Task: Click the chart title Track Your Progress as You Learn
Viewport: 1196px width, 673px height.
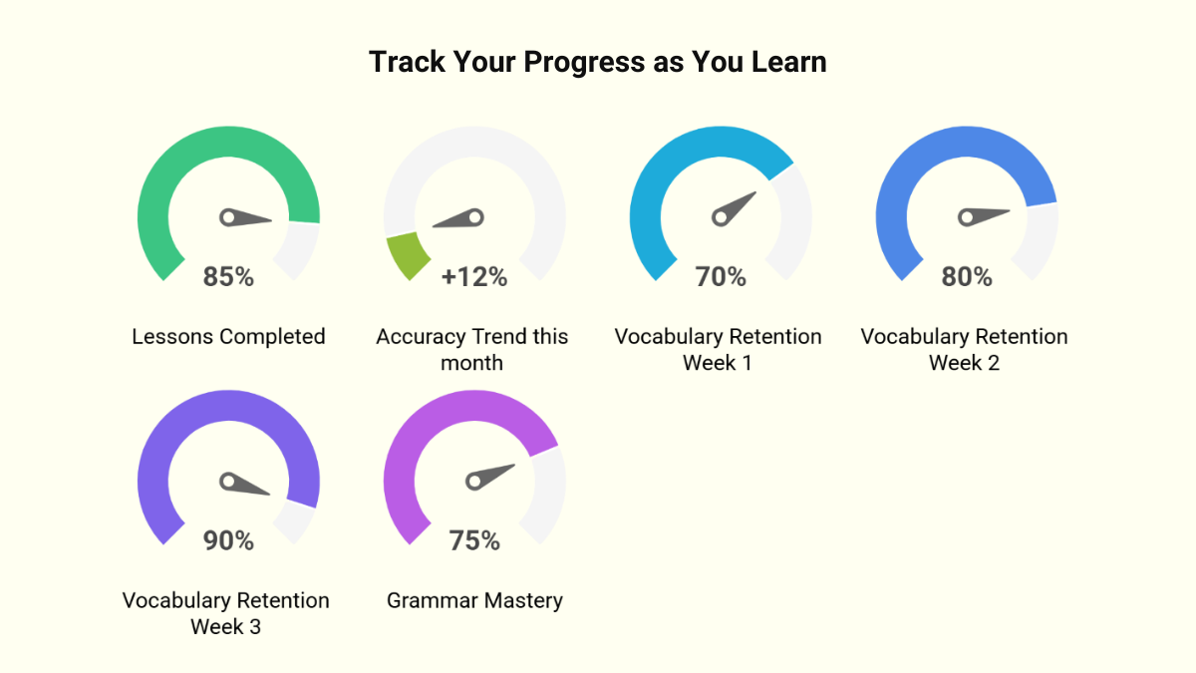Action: point(598,62)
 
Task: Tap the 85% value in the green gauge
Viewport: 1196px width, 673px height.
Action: point(228,277)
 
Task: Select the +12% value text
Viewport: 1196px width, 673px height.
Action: point(474,277)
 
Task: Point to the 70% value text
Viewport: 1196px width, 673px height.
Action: point(721,277)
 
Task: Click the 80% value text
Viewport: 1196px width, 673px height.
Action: point(967,277)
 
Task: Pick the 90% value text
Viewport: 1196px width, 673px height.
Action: point(228,540)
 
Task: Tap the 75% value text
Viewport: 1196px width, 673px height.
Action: point(474,540)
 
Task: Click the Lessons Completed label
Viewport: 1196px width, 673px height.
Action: point(228,337)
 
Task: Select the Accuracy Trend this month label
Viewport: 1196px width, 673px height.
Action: point(472,349)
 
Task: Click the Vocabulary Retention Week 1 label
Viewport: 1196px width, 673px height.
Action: point(719,349)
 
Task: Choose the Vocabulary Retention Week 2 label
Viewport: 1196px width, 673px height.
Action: point(965,349)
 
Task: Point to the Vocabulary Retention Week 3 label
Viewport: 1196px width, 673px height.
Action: point(226,613)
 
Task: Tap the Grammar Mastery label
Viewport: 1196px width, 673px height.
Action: point(474,601)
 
